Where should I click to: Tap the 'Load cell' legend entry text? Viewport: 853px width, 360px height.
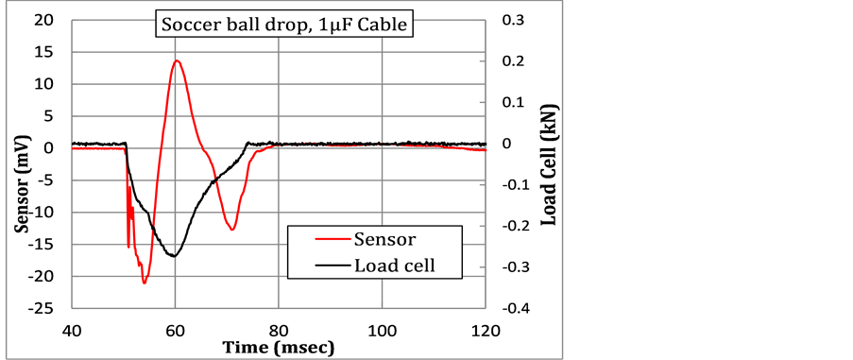coord(394,266)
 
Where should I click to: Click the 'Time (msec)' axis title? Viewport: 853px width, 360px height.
coord(278,348)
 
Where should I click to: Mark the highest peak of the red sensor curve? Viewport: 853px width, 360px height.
coord(177,60)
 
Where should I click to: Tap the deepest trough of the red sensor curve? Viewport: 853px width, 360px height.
coord(145,283)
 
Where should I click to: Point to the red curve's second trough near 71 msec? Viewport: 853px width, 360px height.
coord(231,229)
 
